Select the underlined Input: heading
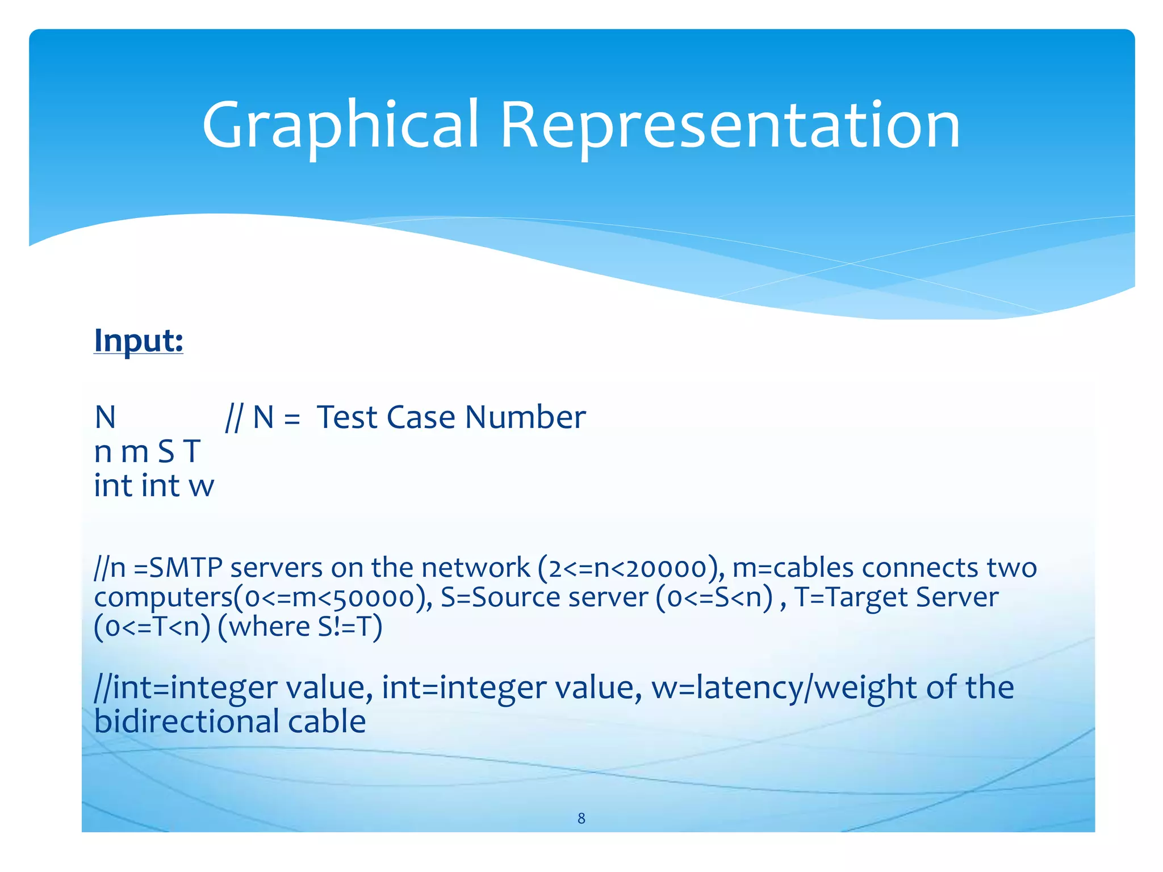pyautogui.click(x=139, y=341)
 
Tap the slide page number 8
pyautogui.click(x=581, y=818)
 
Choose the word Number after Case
pyautogui.click(x=525, y=417)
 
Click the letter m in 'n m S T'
pyautogui.click(x=135, y=452)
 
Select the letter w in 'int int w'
pyautogui.click(x=201, y=487)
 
